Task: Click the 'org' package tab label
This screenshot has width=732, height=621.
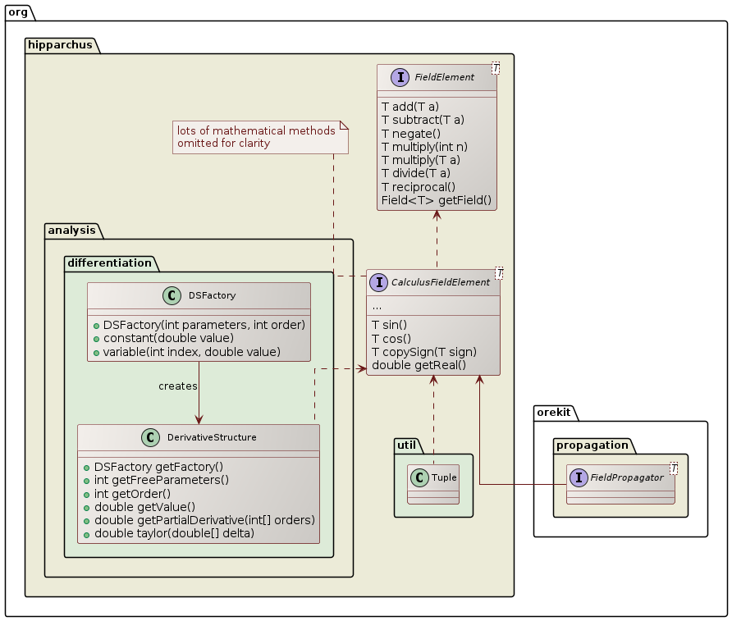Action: (17, 10)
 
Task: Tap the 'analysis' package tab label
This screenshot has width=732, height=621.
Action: (72, 230)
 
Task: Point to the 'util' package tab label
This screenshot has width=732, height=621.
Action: (408, 445)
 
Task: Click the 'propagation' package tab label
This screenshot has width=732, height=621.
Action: (592, 445)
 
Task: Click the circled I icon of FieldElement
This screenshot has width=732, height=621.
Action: (400, 78)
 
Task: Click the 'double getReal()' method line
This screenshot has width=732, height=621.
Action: (419, 365)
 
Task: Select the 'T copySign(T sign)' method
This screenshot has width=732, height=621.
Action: (423, 352)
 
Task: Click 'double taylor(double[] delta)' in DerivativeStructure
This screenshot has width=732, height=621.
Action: (175, 534)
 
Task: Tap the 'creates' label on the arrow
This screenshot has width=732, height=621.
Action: (177, 386)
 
